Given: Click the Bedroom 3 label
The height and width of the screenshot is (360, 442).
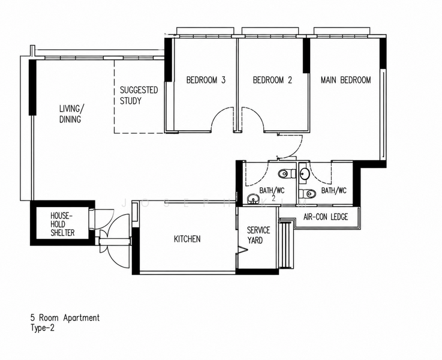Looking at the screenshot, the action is (206, 80).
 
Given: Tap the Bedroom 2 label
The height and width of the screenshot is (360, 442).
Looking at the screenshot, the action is (272, 80).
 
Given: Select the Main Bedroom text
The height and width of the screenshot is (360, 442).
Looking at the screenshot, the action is (346, 80).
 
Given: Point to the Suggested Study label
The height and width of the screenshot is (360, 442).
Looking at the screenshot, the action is (139, 95).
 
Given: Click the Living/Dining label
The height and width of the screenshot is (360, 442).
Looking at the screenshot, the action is (71, 114).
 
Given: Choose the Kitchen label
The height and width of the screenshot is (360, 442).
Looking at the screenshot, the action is (187, 239).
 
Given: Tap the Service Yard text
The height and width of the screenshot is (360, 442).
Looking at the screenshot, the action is (258, 235).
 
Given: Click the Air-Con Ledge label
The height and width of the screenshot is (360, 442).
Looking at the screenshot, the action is (326, 217).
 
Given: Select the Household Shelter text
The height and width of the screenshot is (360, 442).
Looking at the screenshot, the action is (62, 224).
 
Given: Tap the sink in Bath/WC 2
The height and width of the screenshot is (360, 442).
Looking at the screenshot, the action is (254, 199).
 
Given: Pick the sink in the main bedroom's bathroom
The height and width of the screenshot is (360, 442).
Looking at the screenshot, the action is (305, 173).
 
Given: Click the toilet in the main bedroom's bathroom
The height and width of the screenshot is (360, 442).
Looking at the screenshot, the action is (307, 194).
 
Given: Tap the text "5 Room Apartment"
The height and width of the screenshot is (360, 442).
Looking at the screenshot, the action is (65, 318).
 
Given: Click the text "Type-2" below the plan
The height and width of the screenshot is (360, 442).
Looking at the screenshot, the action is (43, 328).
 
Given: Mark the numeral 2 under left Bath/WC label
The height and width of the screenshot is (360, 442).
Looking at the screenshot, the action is (273, 198).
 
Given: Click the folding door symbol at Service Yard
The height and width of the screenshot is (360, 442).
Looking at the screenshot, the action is (242, 250).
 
